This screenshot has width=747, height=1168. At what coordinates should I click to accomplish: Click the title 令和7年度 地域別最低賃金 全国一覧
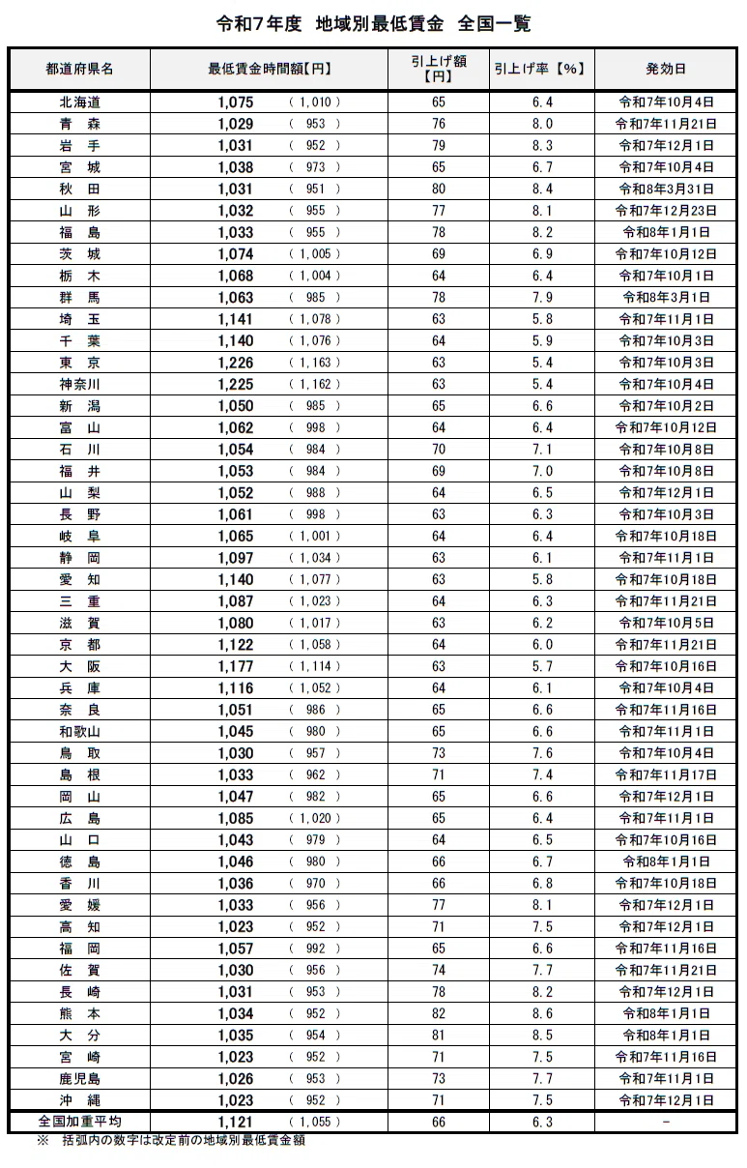tap(373, 24)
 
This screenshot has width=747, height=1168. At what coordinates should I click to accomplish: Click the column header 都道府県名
tap(79, 69)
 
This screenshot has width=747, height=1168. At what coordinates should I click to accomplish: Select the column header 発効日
tap(666, 69)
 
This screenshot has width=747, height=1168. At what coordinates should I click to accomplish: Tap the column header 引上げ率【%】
tap(541, 69)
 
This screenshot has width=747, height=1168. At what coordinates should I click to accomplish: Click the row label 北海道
tap(79, 102)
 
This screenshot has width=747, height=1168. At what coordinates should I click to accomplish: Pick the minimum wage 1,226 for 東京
tap(236, 363)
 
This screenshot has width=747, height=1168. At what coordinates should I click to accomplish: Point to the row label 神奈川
tap(79, 384)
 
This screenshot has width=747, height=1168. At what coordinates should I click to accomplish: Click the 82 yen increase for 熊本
tap(439, 1013)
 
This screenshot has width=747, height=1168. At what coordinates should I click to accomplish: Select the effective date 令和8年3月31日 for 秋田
tap(666, 189)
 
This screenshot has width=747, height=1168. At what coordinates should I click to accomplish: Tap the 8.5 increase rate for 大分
tap(541, 1035)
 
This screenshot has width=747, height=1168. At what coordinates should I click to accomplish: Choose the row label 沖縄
tap(79, 1100)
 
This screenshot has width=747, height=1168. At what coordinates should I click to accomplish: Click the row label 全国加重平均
tap(79, 1122)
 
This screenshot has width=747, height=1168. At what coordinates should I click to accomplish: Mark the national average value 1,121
tap(236, 1122)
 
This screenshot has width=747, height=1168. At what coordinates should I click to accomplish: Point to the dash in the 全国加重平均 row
tap(666, 1122)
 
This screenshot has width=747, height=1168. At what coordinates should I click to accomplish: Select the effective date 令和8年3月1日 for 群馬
tap(666, 297)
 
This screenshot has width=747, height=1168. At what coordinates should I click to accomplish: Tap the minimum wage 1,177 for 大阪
tap(236, 666)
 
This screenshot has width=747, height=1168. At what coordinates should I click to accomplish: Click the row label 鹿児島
tap(79, 1078)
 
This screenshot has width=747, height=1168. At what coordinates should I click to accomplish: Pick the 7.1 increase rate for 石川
tap(541, 450)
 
